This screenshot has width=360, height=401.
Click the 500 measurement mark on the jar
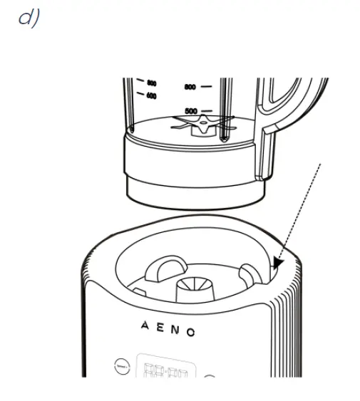tap(191, 111)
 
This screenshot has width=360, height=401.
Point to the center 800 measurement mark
tap(190, 87)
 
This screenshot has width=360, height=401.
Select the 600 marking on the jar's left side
tap(151, 95)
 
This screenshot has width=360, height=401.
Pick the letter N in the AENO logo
tap(174, 330)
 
